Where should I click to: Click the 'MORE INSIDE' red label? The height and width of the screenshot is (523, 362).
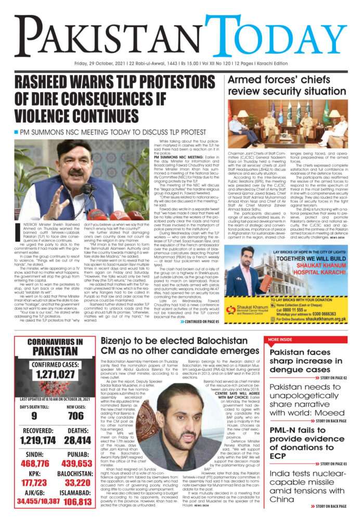click(x=281, y=339)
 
